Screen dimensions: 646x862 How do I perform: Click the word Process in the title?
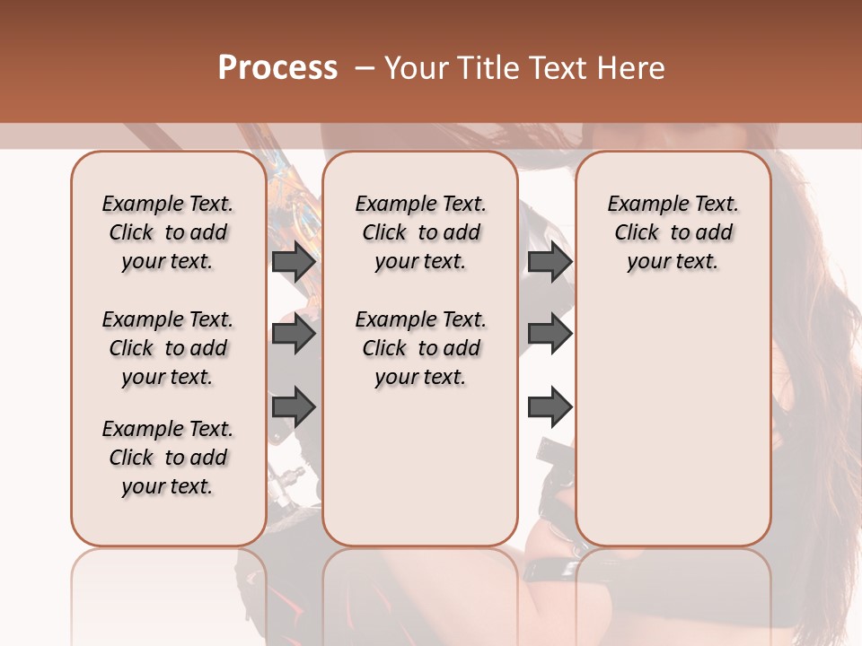277,67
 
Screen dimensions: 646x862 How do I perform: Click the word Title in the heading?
484,68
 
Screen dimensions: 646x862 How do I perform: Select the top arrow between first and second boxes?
294,262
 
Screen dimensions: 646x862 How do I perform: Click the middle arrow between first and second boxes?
294,334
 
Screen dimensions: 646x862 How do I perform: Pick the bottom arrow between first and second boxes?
294,407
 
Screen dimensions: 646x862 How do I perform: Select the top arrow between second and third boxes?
550,262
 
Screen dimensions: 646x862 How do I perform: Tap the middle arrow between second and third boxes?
550,334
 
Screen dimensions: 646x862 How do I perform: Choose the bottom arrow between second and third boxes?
550,407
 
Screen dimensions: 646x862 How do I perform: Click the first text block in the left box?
168,232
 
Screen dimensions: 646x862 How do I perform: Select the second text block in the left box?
168,348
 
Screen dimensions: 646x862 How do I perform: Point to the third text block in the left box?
168,458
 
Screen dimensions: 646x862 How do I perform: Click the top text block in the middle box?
420,232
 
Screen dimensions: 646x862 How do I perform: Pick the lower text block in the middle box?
420,348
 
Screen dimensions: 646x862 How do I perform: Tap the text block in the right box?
673,232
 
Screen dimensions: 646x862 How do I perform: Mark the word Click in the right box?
637,233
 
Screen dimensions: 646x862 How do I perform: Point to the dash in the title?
364,68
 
